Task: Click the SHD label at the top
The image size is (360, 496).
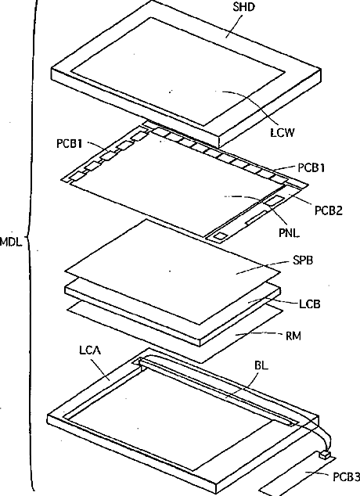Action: click(243, 7)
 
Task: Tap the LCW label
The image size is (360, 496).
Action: click(283, 132)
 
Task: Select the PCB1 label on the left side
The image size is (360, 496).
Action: click(70, 144)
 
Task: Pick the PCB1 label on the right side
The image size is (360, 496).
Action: click(311, 167)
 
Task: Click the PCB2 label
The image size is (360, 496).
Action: click(329, 210)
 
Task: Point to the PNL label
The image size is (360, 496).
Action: click(289, 233)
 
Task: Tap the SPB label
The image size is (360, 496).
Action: click(303, 260)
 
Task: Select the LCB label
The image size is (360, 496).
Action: click(310, 304)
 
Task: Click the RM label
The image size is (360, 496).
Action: click(293, 336)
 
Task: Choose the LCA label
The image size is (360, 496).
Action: click(90, 350)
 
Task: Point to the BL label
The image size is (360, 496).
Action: click(261, 365)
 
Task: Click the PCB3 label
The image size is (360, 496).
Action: click(346, 476)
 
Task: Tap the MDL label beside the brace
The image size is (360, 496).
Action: click(11, 243)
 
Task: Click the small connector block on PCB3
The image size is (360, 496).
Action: click(324, 455)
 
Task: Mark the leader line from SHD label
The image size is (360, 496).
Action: click(233, 27)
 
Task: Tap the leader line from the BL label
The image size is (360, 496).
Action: click(243, 384)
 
